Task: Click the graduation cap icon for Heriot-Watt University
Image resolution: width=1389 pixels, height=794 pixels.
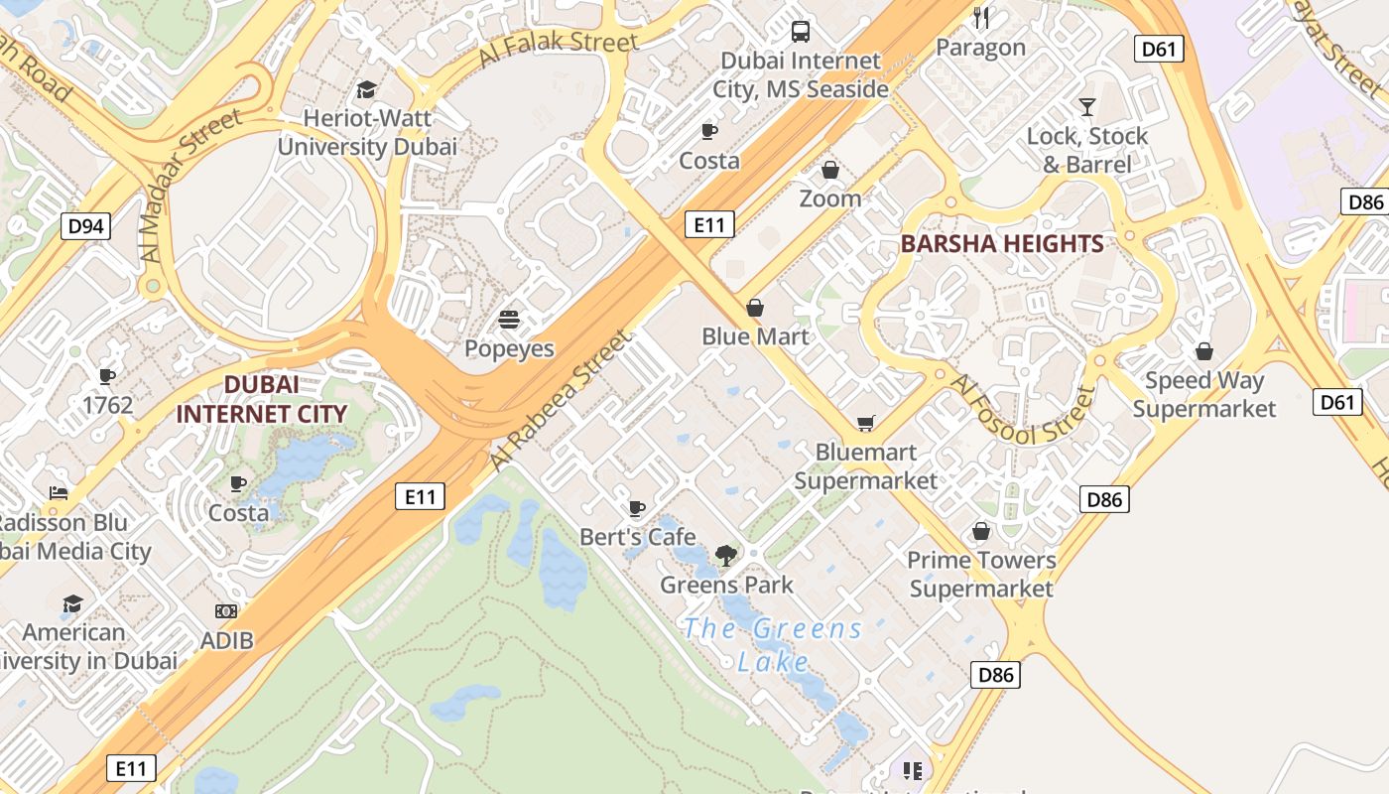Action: click(x=366, y=89)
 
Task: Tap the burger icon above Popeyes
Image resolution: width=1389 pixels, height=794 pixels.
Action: click(x=509, y=320)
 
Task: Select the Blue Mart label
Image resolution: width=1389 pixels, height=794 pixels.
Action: click(x=755, y=336)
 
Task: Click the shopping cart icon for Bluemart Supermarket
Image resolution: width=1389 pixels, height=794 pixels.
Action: click(x=866, y=424)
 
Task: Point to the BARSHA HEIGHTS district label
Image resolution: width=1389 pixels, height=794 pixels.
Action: click(x=1002, y=244)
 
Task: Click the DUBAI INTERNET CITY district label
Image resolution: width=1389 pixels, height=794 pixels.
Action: click(x=262, y=400)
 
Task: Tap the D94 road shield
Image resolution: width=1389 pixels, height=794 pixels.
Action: click(x=85, y=226)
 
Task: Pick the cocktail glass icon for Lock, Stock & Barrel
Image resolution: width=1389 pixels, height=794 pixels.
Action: click(x=1087, y=107)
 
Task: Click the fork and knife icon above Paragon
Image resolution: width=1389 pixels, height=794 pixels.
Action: click(x=981, y=18)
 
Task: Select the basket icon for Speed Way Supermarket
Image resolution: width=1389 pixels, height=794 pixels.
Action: click(x=1204, y=351)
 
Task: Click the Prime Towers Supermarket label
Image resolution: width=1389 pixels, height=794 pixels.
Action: click(x=981, y=575)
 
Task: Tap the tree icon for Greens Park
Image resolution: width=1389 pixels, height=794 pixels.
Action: click(x=726, y=556)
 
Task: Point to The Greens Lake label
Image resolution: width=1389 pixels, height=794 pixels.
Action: click(x=774, y=644)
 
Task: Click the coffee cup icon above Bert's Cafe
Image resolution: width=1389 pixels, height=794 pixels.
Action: click(x=637, y=509)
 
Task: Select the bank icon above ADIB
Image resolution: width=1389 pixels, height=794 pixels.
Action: click(x=226, y=611)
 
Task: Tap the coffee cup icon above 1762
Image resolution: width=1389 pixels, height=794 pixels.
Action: click(x=107, y=376)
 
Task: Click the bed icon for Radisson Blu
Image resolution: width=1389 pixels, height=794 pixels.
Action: click(x=60, y=493)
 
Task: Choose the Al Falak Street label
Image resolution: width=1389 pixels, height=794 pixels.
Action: click(x=558, y=48)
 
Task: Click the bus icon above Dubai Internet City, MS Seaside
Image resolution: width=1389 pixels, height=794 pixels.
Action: click(x=801, y=31)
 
